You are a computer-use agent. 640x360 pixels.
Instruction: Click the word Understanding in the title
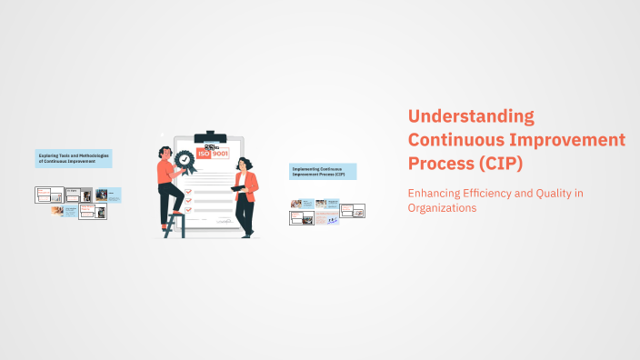(x=471, y=116)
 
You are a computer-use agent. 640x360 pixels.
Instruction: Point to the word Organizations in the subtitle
(x=442, y=208)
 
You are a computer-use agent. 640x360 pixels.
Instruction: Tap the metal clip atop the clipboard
(x=211, y=136)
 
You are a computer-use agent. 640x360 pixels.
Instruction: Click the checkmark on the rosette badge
(x=185, y=159)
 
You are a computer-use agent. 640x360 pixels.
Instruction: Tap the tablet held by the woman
(x=238, y=186)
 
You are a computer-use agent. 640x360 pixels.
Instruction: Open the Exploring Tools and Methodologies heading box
(x=74, y=158)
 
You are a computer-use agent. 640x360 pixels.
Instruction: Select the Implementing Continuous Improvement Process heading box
(x=322, y=171)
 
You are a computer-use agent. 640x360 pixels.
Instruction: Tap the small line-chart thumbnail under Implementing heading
(x=332, y=219)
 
